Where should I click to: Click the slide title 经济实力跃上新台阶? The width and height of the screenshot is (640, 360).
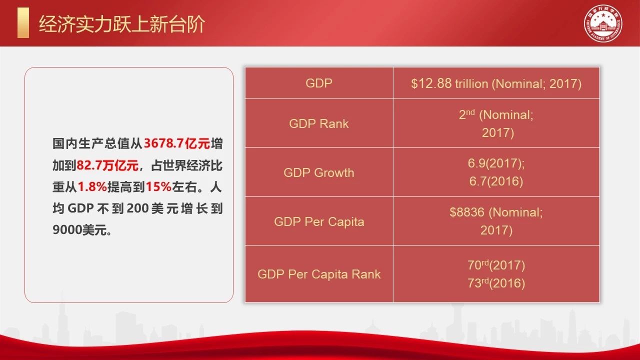pos(122,24)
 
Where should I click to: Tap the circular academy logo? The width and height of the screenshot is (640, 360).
pos(603,23)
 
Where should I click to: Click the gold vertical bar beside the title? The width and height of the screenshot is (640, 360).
pos(23,22)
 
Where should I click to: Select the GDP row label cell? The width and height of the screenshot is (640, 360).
pos(319,83)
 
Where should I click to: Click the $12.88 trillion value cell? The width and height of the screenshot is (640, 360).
pos(496,83)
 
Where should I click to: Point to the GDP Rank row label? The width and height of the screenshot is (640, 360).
pos(319,123)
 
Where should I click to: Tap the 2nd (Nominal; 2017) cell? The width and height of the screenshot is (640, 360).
pos(496,123)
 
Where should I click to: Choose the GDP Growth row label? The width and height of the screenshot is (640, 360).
pos(319,172)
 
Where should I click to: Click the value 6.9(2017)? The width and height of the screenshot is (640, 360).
pos(496,163)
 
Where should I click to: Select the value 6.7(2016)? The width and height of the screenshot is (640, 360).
pos(496,181)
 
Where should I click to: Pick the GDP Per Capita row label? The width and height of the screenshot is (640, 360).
pos(319,221)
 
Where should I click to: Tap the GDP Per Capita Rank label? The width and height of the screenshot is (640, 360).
pos(319,274)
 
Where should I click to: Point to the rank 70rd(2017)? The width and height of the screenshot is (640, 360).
pos(496,265)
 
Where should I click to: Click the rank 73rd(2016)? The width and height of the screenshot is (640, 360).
pos(496,283)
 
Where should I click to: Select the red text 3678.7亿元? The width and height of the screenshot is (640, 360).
pos(177,143)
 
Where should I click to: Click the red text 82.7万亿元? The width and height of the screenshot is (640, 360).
pos(107,165)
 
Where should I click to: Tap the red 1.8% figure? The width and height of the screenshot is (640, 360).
pos(92,187)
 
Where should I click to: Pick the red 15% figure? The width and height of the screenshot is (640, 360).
pos(158,187)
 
